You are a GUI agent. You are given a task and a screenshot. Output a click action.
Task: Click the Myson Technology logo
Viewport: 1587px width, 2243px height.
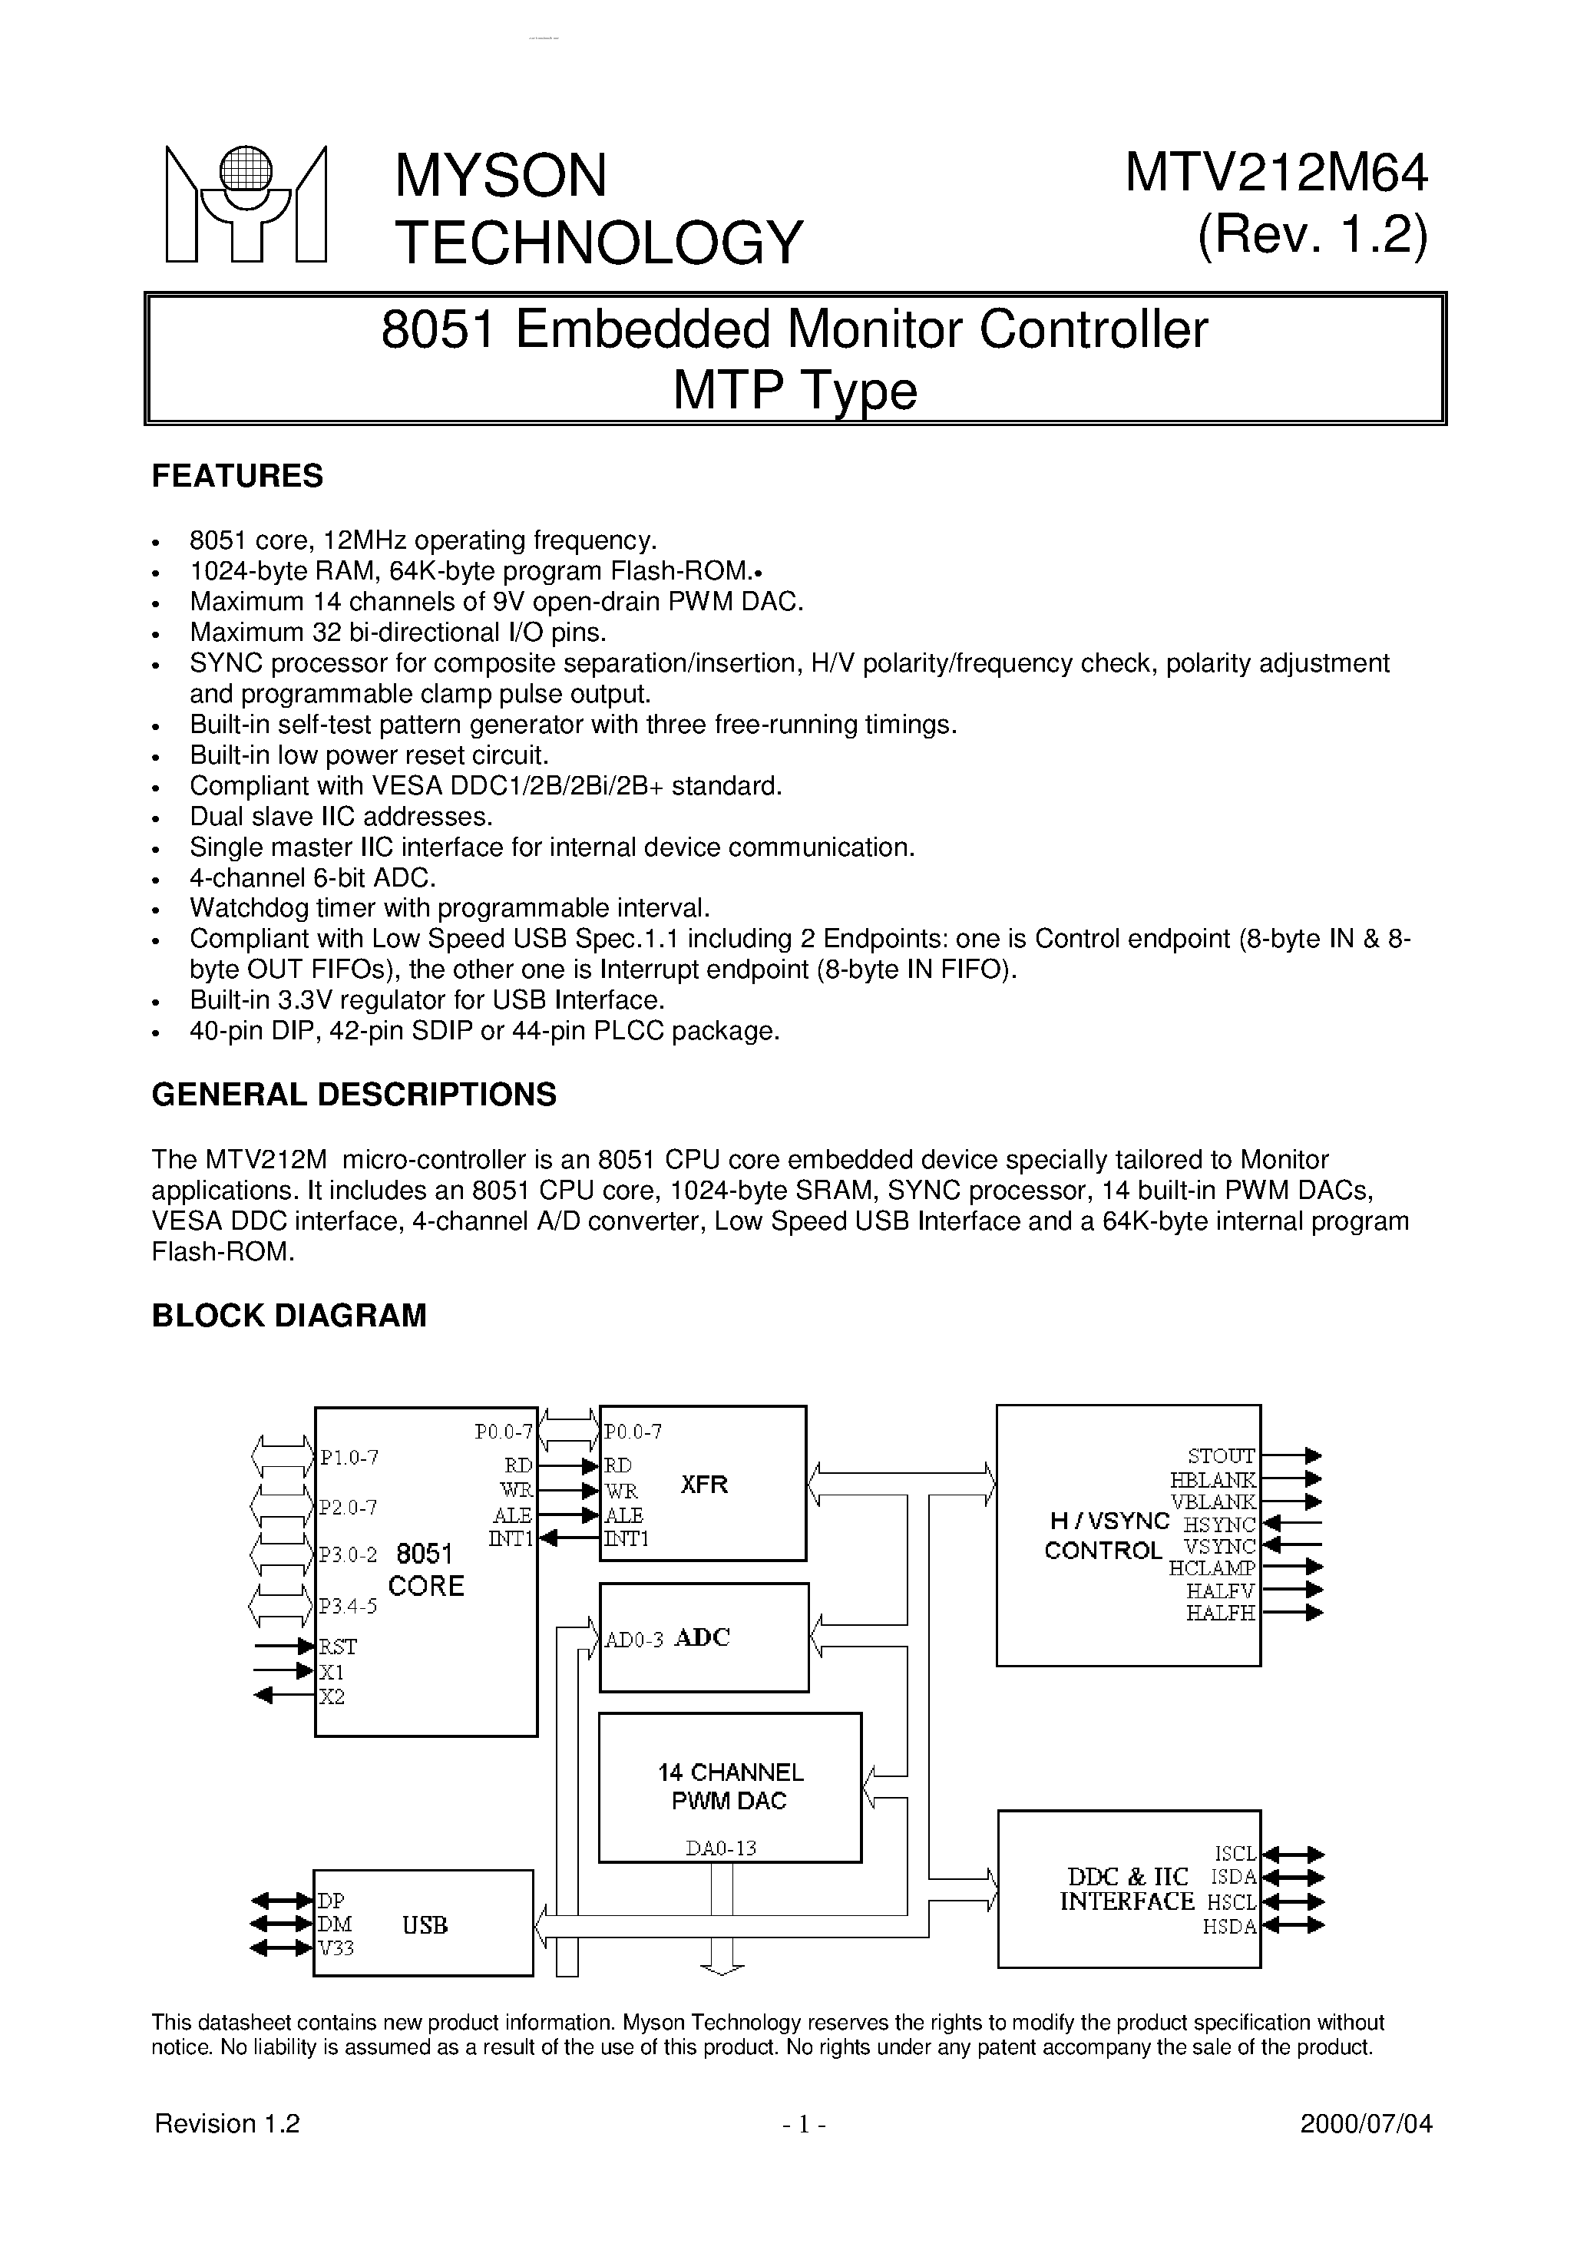tap(245, 204)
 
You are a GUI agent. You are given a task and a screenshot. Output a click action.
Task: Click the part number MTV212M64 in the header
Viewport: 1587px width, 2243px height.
tap(1276, 174)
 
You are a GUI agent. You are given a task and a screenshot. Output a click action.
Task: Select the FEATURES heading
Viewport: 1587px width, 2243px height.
tap(236, 476)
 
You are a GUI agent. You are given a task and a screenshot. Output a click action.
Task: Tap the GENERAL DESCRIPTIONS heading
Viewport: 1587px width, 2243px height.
tap(354, 1094)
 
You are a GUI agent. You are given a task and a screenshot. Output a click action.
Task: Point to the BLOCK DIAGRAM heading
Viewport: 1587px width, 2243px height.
tap(289, 1316)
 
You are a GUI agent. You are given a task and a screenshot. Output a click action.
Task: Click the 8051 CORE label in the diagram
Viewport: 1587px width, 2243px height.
tap(426, 1570)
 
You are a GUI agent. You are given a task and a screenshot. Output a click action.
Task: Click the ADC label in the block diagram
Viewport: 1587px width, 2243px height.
tap(702, 1638)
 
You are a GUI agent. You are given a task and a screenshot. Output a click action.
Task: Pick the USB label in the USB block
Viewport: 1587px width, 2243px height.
tap(425, 1925)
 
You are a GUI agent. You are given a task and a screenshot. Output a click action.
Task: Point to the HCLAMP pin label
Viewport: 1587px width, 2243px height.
tap(1212, 1568)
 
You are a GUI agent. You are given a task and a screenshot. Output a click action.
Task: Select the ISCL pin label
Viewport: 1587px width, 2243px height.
tap(1235, 1853)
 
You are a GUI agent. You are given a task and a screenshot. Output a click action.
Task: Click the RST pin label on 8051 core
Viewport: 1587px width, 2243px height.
tap(338, 1647)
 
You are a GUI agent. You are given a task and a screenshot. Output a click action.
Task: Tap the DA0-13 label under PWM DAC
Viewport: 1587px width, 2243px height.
tap(721, 1848)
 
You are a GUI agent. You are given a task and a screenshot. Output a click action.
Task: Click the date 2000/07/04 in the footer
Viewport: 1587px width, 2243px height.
tap(1366, 2124)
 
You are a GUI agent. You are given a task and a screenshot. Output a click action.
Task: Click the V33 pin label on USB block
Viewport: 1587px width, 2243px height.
tap(336, 1948)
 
